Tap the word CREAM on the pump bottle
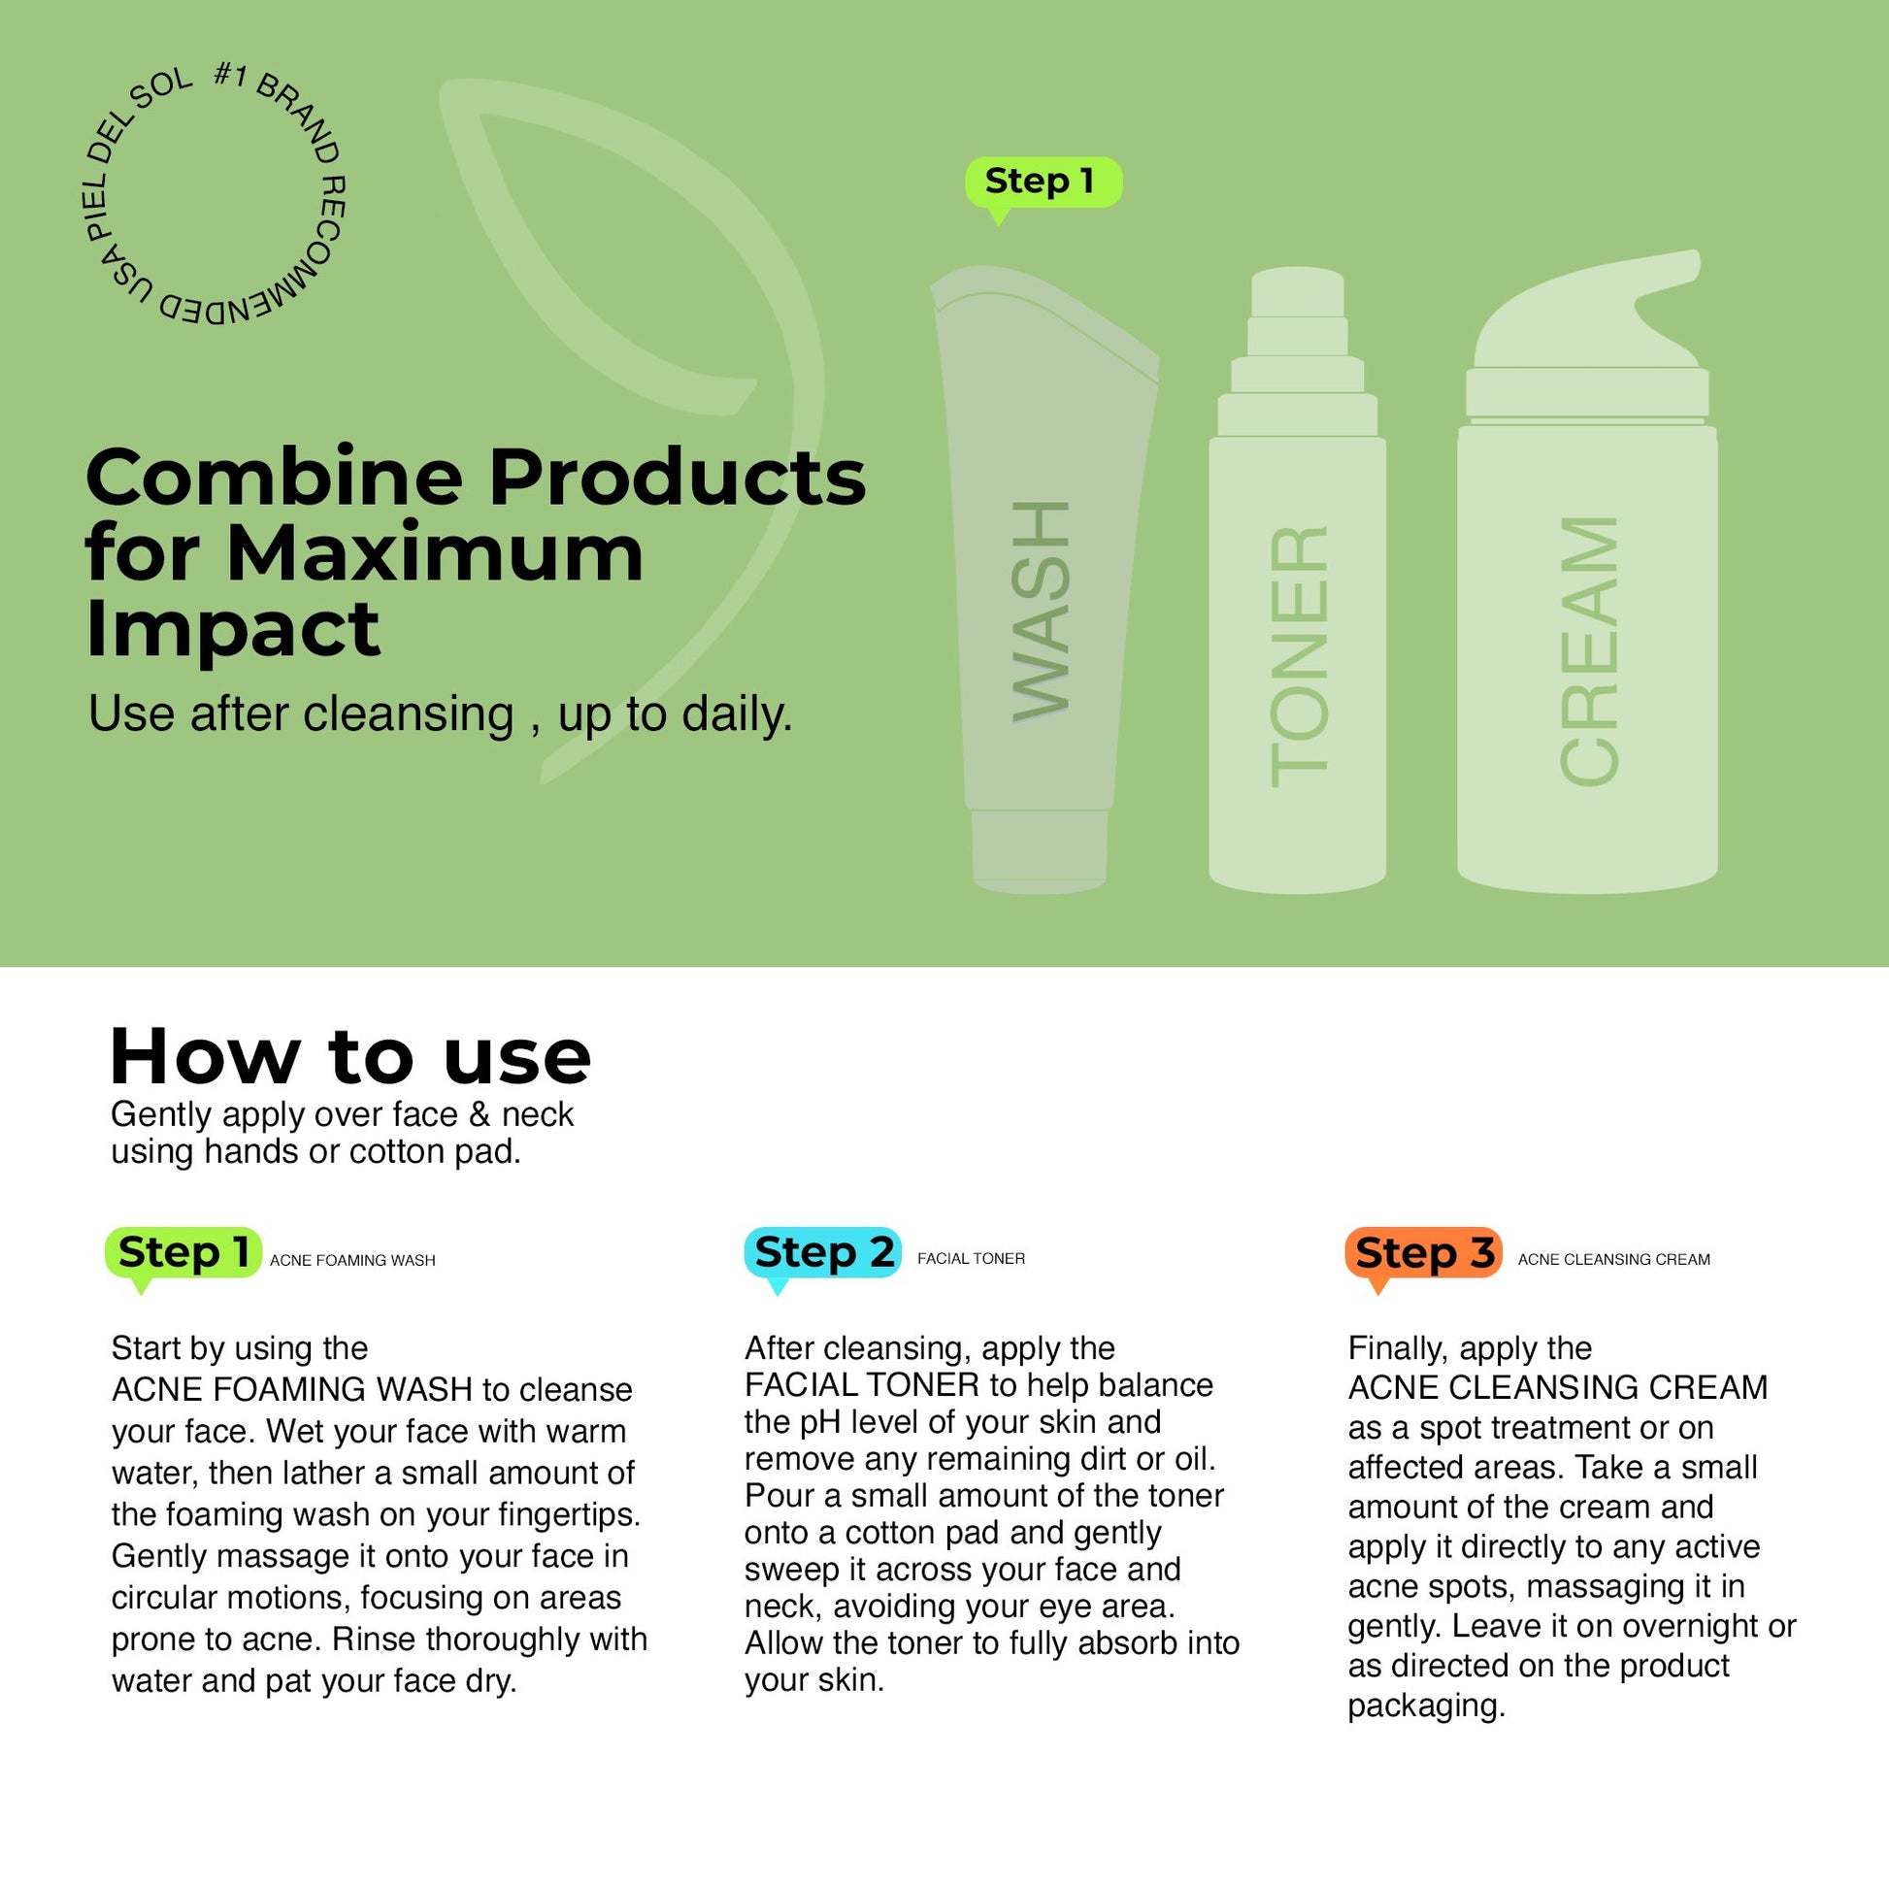coord(1589,650)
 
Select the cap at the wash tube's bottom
coord(1040,850)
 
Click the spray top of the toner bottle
coord(1298,352)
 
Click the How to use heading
coord(350,1058)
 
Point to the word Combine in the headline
coord(274,478)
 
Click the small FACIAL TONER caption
coord(971,1258)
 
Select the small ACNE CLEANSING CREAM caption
coord(1614,1259)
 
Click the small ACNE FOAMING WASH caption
coord(353,1260)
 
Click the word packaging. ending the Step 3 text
coord(1426,1707)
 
